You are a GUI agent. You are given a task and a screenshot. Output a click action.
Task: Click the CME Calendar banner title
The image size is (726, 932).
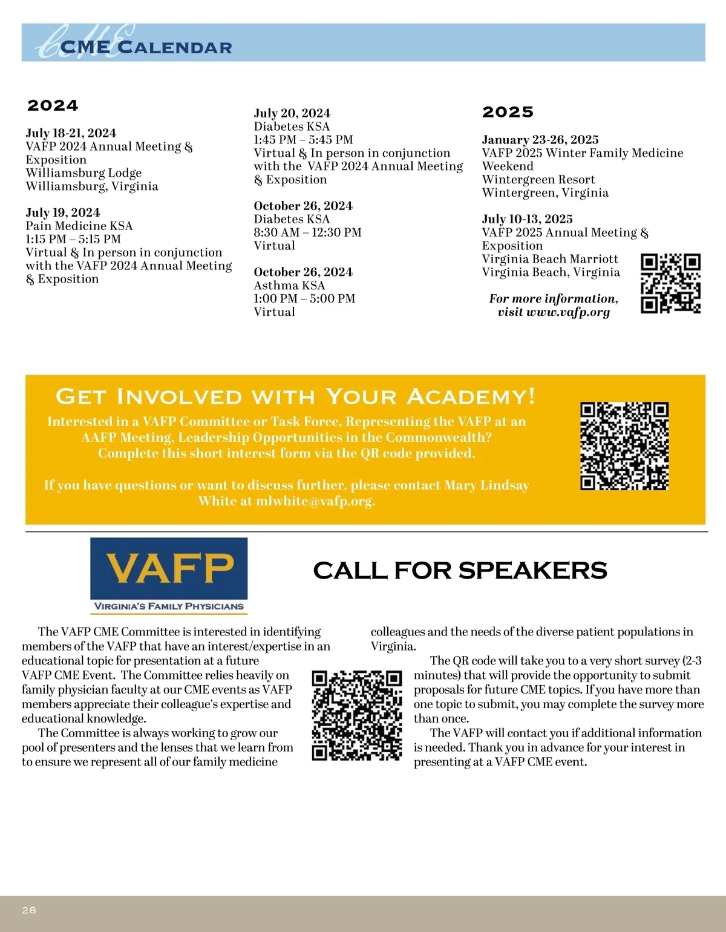point(146,47)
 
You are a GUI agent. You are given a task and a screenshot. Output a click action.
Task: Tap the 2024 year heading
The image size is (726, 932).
point(53,105)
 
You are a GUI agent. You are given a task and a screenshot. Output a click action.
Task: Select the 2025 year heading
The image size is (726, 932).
point(508,112)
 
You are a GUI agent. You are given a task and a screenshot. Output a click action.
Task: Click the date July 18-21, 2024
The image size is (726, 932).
point(71,133)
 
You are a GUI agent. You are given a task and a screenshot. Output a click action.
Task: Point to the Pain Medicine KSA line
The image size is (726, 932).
point(79,226)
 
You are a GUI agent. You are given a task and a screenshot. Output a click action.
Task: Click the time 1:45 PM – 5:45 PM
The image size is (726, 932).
point(303,140)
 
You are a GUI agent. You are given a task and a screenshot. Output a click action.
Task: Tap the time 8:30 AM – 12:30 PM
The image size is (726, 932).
point(307,232)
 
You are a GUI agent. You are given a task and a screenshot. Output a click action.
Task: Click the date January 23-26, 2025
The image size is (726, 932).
point(540,140)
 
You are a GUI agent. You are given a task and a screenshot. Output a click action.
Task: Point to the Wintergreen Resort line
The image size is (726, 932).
point(538,180)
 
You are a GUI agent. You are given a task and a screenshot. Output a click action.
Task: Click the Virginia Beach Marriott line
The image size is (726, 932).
point(550,259)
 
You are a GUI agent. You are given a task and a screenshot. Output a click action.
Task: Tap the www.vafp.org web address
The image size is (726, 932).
point(568,312)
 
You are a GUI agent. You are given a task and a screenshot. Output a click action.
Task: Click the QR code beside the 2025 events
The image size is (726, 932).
point(670,283)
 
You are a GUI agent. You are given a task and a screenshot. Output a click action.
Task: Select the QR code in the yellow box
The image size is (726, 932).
point(624,446)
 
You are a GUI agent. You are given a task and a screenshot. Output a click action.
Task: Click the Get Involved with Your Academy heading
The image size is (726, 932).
point(295,396)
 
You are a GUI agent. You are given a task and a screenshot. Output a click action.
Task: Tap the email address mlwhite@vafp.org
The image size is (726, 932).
point(315,501)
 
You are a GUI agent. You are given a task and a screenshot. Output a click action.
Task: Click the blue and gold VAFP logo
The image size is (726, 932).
point(169,576)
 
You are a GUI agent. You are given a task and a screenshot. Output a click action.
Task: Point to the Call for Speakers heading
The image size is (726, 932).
point(460,571)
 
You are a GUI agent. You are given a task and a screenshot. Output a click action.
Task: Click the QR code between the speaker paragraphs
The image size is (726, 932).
point(357,715)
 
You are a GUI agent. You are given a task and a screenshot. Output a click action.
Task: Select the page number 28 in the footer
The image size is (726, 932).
point(29,910)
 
